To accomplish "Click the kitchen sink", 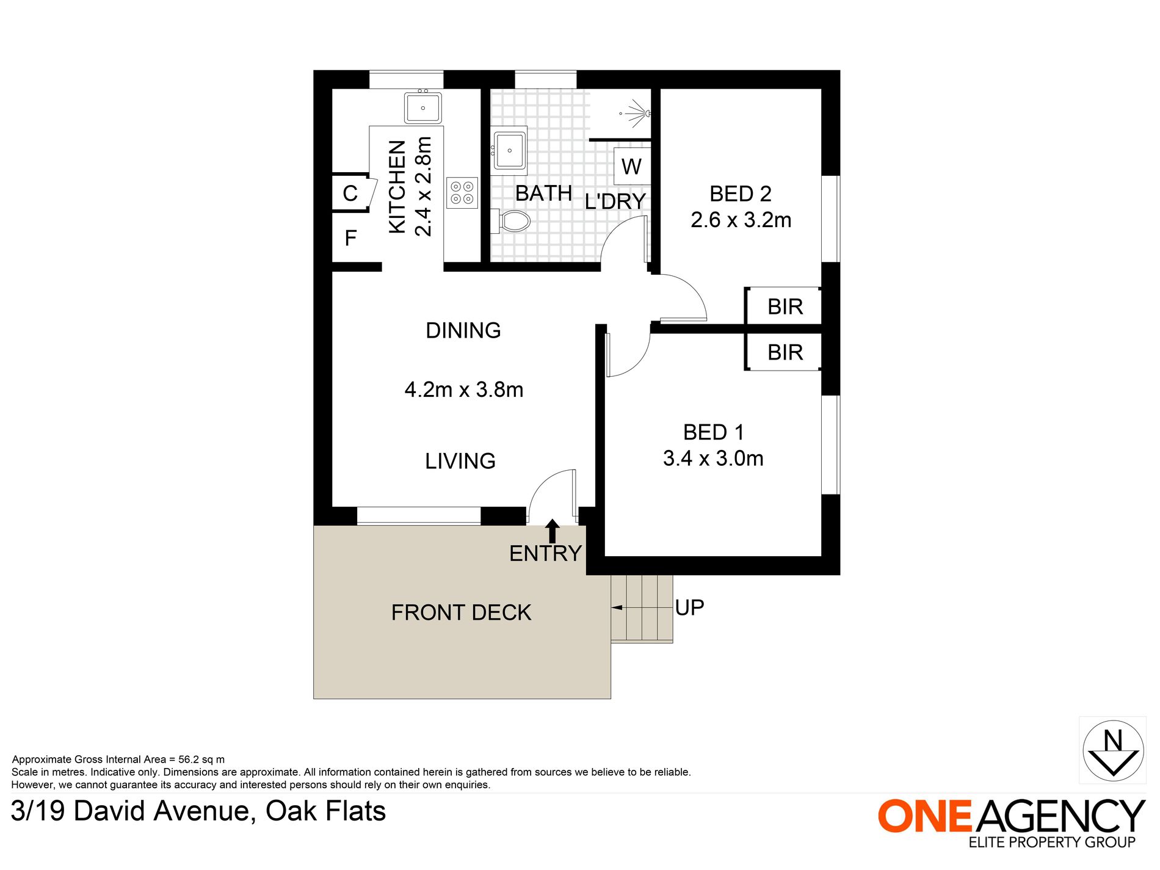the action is [x=423, y=107].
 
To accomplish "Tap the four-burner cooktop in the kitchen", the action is [x=462, y=193].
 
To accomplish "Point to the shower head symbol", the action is [x=639, y=113].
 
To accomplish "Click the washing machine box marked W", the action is [x=632, y=166].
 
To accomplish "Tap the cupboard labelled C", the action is [x=350, y=194].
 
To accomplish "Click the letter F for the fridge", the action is [x=350, y=238].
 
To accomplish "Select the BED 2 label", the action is [x=741, y=194].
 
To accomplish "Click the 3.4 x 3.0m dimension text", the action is [x=713, y=459].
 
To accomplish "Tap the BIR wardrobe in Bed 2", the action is [x=783, y=305].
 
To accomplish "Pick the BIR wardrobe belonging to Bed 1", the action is [x=783, y=352].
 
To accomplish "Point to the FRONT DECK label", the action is [x=462, y=612].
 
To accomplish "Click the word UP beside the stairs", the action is [x=690, y=607].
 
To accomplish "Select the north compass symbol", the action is [x=1113, y=750].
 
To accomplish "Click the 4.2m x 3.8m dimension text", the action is [x=464, y=390].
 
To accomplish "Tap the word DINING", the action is [x=463, y=330].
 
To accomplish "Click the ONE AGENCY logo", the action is [x=1011, y=822].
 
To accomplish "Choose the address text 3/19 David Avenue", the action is [x=131, y=811].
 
